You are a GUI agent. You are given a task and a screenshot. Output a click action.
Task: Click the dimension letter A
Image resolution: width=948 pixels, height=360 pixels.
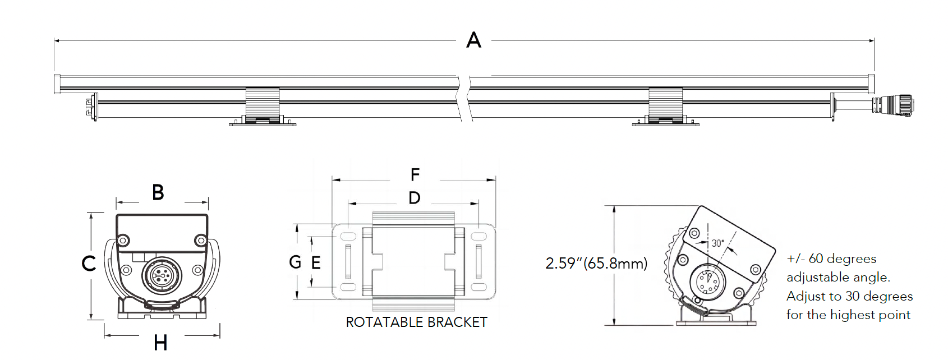click(x=474, y=40)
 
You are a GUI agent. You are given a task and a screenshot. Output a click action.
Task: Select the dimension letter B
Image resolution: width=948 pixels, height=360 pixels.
click(x=158, y=192)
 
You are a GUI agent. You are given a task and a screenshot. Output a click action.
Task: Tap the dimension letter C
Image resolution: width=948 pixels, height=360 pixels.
click(x=89, y=263)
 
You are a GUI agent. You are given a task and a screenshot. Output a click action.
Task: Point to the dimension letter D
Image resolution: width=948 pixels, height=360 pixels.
click(x=415, y=198)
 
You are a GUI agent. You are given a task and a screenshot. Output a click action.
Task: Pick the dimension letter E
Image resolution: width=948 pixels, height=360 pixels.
click(x=316, y=262)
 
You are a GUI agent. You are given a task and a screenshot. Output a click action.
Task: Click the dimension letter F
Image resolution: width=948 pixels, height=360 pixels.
click(x=415, y=175)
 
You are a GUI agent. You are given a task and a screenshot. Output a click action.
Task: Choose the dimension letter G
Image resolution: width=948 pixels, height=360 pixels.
click(x=295, y=262)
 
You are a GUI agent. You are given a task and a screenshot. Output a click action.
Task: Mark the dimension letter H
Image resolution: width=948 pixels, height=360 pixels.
click(x=160, y=343)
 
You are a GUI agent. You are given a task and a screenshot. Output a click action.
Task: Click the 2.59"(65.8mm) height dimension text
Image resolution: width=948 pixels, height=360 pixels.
click(x=596, y=263)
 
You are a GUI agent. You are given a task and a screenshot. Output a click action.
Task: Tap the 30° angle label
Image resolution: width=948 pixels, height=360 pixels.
click(x=718, y=243)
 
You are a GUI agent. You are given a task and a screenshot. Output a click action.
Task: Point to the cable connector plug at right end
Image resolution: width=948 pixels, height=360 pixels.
click(x=892, y=104)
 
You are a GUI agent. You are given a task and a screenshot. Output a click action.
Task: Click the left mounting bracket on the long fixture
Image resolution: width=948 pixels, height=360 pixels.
click(x=263, y=107)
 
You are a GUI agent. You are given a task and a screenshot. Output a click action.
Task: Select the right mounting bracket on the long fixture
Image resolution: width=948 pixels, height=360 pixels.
click(x=666, y=107)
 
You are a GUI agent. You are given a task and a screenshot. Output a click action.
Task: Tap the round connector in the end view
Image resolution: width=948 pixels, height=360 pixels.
click(x=162, y=275)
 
